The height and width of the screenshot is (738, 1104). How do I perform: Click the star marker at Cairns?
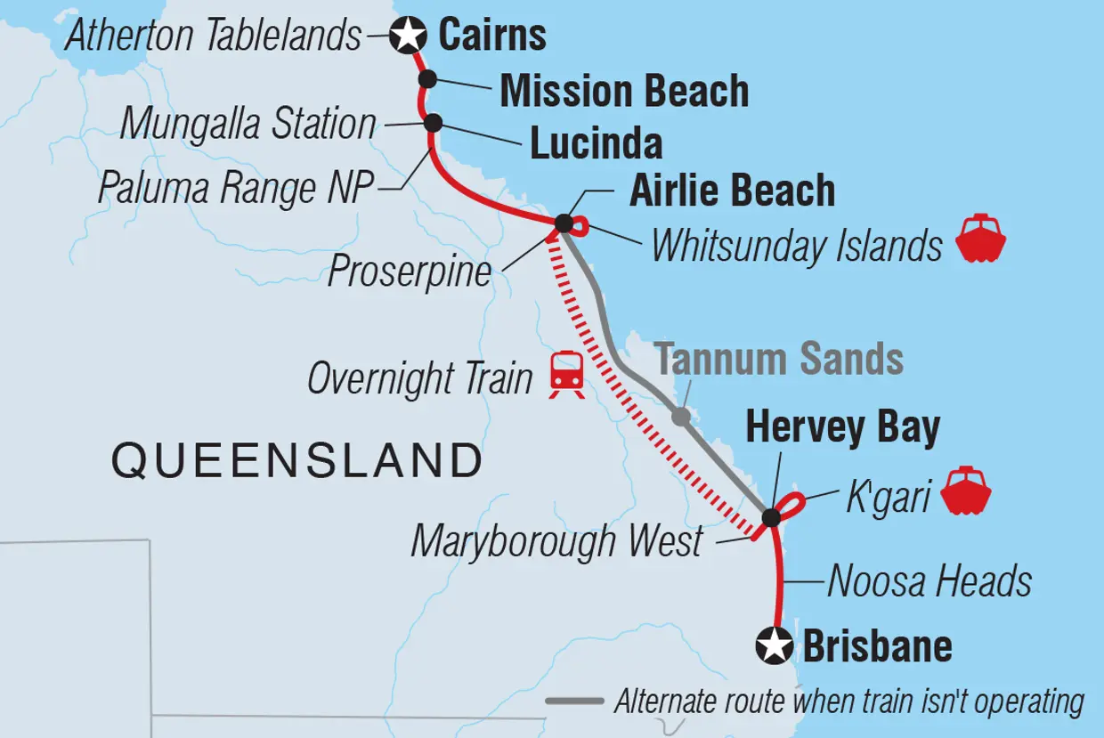pos(409,36)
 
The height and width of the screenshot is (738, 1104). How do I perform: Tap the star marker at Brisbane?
pos(774,645)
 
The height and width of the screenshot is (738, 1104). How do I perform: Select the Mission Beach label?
pos(624,91)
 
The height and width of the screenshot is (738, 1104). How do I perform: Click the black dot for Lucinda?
pos(434,122)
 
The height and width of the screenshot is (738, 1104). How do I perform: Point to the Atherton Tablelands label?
pos(214,36)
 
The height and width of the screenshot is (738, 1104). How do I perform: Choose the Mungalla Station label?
pos(248,124)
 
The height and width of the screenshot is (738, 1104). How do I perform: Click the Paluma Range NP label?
pos(235,188)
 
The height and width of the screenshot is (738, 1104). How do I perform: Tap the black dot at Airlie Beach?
pos(564,223)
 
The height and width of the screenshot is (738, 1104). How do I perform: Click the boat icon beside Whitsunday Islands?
pos(980,239)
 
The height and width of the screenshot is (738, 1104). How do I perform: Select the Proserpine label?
pos(410,271)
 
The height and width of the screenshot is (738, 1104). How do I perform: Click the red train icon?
pos(566,373)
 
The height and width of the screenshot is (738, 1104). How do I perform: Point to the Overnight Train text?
pos(419,379)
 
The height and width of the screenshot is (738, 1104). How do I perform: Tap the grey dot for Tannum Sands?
pos(680,416)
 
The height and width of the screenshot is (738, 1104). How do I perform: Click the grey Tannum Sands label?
pos(780,360)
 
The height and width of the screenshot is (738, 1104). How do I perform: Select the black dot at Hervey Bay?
pos(771,517)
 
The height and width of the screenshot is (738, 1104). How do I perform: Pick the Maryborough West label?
pos(557,541)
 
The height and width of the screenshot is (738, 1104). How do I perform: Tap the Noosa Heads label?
pos(929,582)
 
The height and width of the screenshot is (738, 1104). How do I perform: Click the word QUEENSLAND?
pos(296,461)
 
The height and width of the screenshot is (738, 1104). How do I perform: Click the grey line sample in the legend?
pos(574,702)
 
